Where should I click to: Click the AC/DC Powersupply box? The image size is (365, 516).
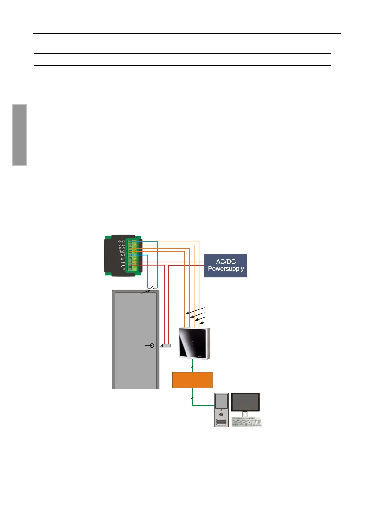pyautogui.click(x=225, y=265)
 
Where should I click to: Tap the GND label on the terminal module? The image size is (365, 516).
pyautogui.click(x=121, y=241)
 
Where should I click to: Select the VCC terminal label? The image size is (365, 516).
pyautogui.click(x=121, y=245)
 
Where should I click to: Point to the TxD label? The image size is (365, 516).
pyautogui.click(x=122, y=252)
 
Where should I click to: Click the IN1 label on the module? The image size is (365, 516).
pyautogui.click(x=122, y=255)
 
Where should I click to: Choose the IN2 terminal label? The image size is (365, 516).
pyautogui.click(x=122, y=259)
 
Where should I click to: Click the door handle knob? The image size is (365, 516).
pyautogui.click(x=152, y=346)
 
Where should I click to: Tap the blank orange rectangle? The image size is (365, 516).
pyautogui.click(x=192, y=380)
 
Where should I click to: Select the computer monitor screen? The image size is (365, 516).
pyautogui.click(x=245, y=402)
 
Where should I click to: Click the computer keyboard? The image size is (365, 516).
pyautogui.click(x=246, y=422)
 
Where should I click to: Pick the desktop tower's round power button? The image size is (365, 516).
pyautogui.click(x=221, y=414)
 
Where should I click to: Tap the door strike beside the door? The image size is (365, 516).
pyautogui.click(x=166, y=346)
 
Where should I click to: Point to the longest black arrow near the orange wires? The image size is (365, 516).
pyautogui.click(x=195, y=310)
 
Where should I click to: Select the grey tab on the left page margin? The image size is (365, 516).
pyautogui.click(x=19, y=135)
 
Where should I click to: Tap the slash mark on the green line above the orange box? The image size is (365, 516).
pyautogui.click(x=192, y=367)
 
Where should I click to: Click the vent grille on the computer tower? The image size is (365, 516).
pyautogui.click(x=221, y=422)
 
